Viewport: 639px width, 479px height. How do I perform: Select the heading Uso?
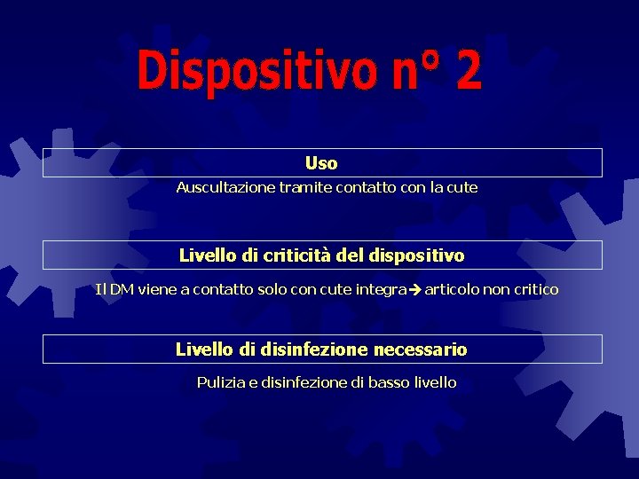click(321, 163)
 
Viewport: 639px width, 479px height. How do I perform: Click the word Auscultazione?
click(225, 188)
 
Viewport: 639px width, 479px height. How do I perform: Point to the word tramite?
click(304, 188)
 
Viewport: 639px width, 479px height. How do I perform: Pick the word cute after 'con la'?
click(461, 188)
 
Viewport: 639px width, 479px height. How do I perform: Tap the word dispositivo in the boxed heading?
click(415, 255)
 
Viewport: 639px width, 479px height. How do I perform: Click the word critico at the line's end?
click(534, 289)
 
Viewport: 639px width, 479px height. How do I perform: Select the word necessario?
click(420, 349)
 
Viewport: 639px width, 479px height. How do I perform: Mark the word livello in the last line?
click(435, 383)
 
